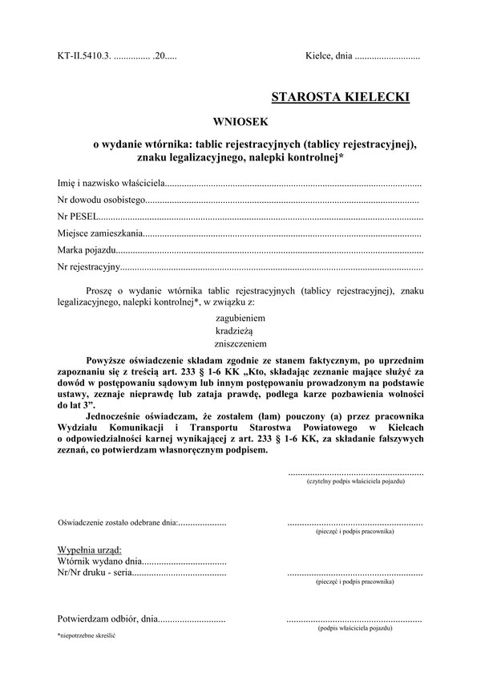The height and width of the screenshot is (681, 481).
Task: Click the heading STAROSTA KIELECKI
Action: (340, 97)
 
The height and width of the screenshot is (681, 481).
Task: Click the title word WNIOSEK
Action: (243, 122)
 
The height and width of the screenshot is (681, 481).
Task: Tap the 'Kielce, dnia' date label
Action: (329, 57)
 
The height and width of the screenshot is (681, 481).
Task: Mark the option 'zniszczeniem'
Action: (241, 343)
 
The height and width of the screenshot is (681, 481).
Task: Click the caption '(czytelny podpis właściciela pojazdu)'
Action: (355, 481)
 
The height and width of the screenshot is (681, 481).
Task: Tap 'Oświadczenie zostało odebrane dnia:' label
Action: (117, 523)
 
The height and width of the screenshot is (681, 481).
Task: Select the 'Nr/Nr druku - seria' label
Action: (94, 574)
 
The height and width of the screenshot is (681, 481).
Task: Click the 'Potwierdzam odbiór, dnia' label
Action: (107, 619)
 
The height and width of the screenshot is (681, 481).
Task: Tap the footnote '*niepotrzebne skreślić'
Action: (87, 635)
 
